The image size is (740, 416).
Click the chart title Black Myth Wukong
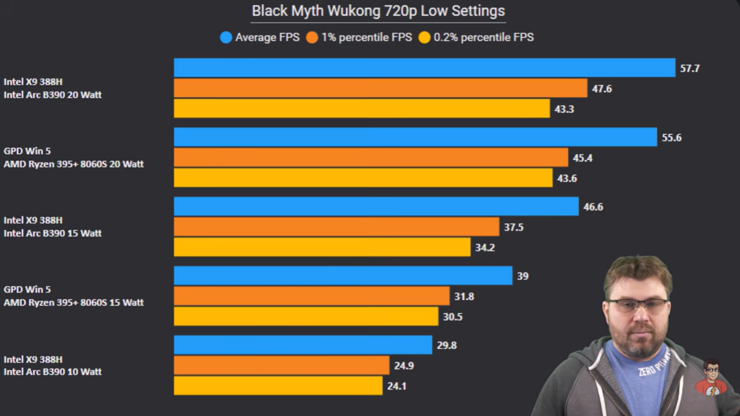(378, 11)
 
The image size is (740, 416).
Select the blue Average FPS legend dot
(226, 38)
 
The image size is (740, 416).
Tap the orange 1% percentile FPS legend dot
(312, 38)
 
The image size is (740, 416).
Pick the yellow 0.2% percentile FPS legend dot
(425, 38)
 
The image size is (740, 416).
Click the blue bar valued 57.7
(424, 68)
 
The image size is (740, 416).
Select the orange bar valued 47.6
(380, 88)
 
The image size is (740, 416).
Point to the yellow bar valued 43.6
(363, 178)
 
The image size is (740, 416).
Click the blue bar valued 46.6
(376, 206)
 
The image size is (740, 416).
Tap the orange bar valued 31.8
(311, 296)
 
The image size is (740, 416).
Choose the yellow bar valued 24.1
(278, 386)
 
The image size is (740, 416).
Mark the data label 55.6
(672, 138)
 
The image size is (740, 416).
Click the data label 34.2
(485, 248)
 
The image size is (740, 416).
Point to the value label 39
(523, 276)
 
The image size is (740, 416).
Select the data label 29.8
(447, 345)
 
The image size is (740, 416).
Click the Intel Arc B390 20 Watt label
(52, 95)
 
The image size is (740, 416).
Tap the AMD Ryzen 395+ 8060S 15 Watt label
(74, 303)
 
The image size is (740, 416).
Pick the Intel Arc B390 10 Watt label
(52, 371)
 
